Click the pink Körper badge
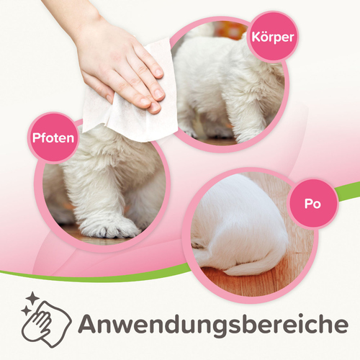273,37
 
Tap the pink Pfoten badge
53,138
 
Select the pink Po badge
312,204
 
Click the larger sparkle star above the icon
32,298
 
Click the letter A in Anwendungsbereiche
89,324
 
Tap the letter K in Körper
256,37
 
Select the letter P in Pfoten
37,138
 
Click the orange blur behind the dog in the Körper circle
229,30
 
